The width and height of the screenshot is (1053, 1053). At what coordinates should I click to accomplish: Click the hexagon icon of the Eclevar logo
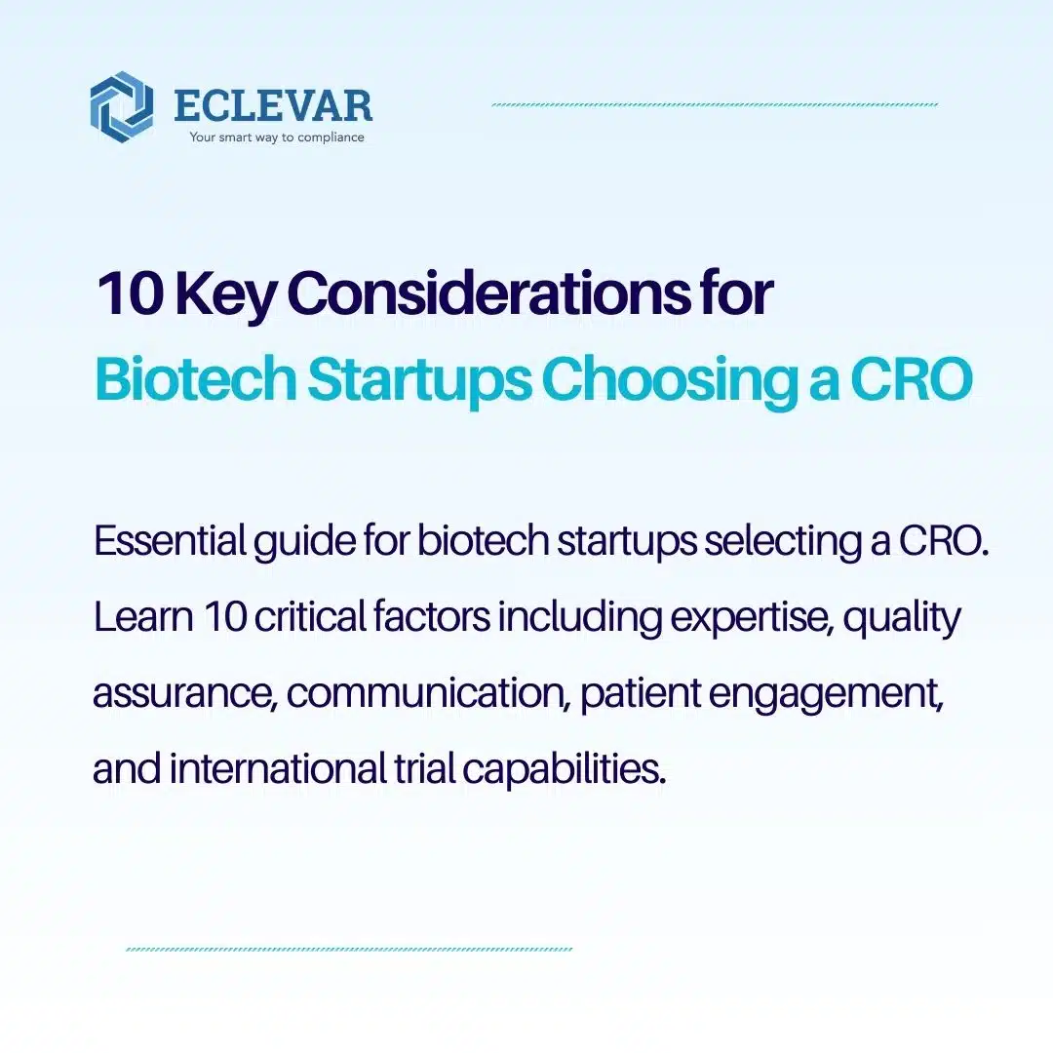click(121, 106)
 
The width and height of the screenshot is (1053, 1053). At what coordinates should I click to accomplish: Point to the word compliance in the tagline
click(328, 137)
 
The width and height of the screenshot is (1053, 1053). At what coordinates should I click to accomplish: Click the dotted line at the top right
click(715, 104)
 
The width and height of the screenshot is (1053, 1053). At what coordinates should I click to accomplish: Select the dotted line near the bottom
click(349, 949)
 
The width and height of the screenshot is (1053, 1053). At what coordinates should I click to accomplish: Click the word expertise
click(748, 619)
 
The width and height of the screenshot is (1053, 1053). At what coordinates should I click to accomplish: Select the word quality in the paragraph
click(902, 619)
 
